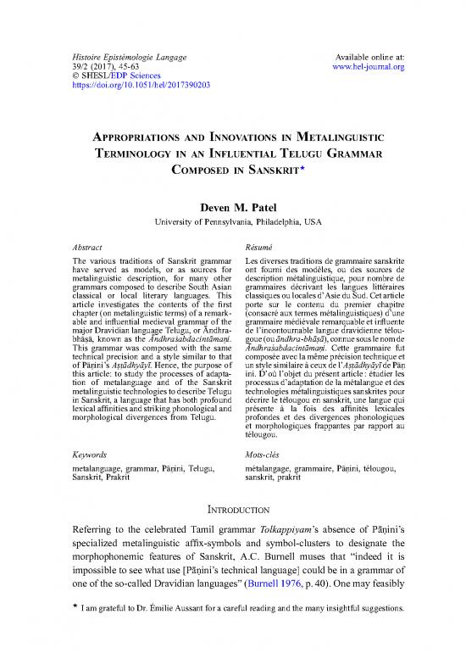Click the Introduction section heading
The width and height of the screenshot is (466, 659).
(232, 511)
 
